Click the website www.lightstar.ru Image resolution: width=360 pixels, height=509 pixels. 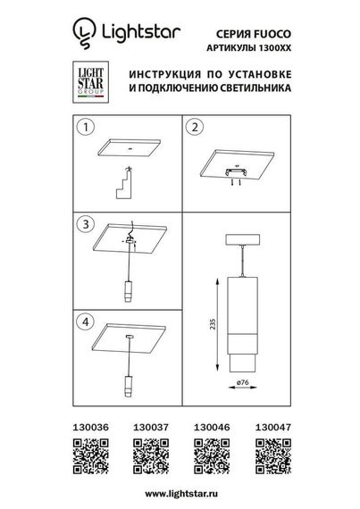[x=180, y=494]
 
